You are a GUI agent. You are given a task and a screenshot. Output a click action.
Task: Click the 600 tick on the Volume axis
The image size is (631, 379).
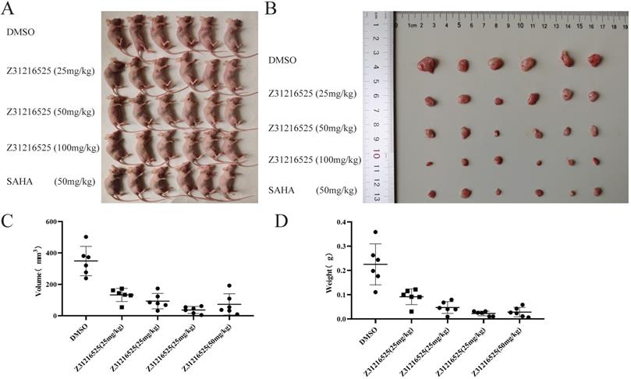click(51, 222)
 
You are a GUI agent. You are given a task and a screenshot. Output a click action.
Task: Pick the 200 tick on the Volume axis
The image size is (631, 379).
click(51, 285)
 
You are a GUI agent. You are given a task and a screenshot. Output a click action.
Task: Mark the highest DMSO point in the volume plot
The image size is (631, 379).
click(86, 237)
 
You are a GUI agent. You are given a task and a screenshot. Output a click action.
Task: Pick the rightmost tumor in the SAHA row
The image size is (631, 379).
click(597, 191)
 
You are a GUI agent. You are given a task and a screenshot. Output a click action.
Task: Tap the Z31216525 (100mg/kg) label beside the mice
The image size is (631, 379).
click(53, 147)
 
